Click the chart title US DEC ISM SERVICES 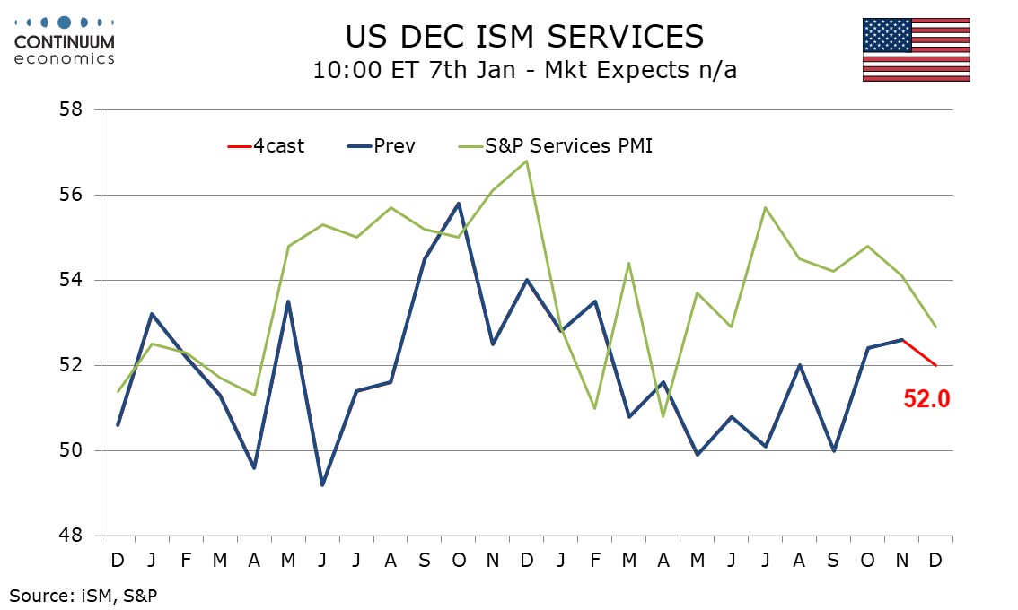coord(524,36)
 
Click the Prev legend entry coord(382,145)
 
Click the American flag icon coord(916,49)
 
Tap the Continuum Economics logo coord(65,40)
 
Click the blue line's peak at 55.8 coord(459,204)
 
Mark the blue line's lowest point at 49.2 coord(322,484)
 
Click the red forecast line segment coord(918,353)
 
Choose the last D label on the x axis coord(935,560)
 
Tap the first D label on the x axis coord(118,560)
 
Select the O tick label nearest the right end coord(867,560)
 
